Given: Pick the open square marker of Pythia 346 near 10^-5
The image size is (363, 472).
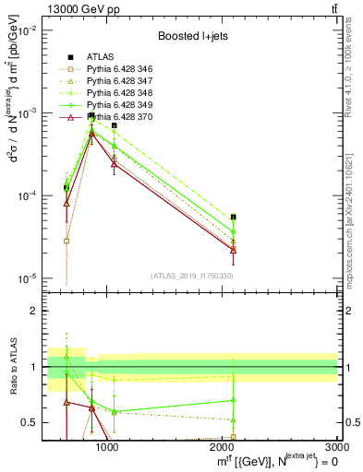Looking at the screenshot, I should point(67,241).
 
